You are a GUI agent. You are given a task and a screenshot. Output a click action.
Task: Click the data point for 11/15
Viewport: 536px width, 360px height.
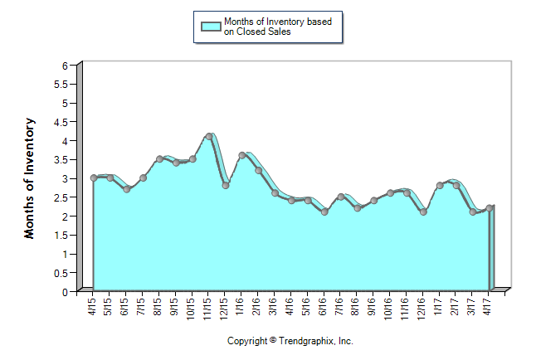click(209, 136)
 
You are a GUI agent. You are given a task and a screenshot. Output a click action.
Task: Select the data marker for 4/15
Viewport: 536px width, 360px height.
click(94, 178)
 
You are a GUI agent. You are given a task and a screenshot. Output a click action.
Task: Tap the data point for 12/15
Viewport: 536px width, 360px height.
click(226, 185)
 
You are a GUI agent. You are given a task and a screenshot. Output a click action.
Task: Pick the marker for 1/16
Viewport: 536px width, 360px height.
click(242, 155)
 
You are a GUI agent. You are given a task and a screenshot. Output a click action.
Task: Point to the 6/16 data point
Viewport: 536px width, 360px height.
click(324, 212)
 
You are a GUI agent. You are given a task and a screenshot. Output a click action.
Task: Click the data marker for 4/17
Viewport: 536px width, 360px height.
click(490, 208)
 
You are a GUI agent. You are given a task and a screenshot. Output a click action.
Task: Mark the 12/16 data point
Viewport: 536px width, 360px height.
click(423, 212)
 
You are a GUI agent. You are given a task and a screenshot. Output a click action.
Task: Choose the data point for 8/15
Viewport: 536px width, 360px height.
click(159, 158)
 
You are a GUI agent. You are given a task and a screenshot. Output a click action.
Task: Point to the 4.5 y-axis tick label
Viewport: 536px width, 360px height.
click(61, 122)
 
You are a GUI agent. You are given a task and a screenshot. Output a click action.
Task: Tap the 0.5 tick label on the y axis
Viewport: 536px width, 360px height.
click(61, 273)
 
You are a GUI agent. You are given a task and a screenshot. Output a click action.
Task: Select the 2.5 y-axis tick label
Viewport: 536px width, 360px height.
click(61, 197)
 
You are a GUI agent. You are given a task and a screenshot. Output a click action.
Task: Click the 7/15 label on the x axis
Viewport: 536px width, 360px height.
click(143, 308)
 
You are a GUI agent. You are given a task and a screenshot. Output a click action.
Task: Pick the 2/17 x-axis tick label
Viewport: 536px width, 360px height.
click(456, 308)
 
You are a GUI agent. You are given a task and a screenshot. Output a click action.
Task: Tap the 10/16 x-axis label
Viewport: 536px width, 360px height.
click(390, 309)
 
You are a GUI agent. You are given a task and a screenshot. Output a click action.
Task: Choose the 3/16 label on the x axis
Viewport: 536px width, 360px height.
click(275, 308)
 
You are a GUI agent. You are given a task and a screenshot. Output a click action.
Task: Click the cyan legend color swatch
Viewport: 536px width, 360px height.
click(211, 26)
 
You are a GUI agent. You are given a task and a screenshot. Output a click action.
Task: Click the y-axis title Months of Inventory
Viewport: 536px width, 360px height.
click(30, 178)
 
